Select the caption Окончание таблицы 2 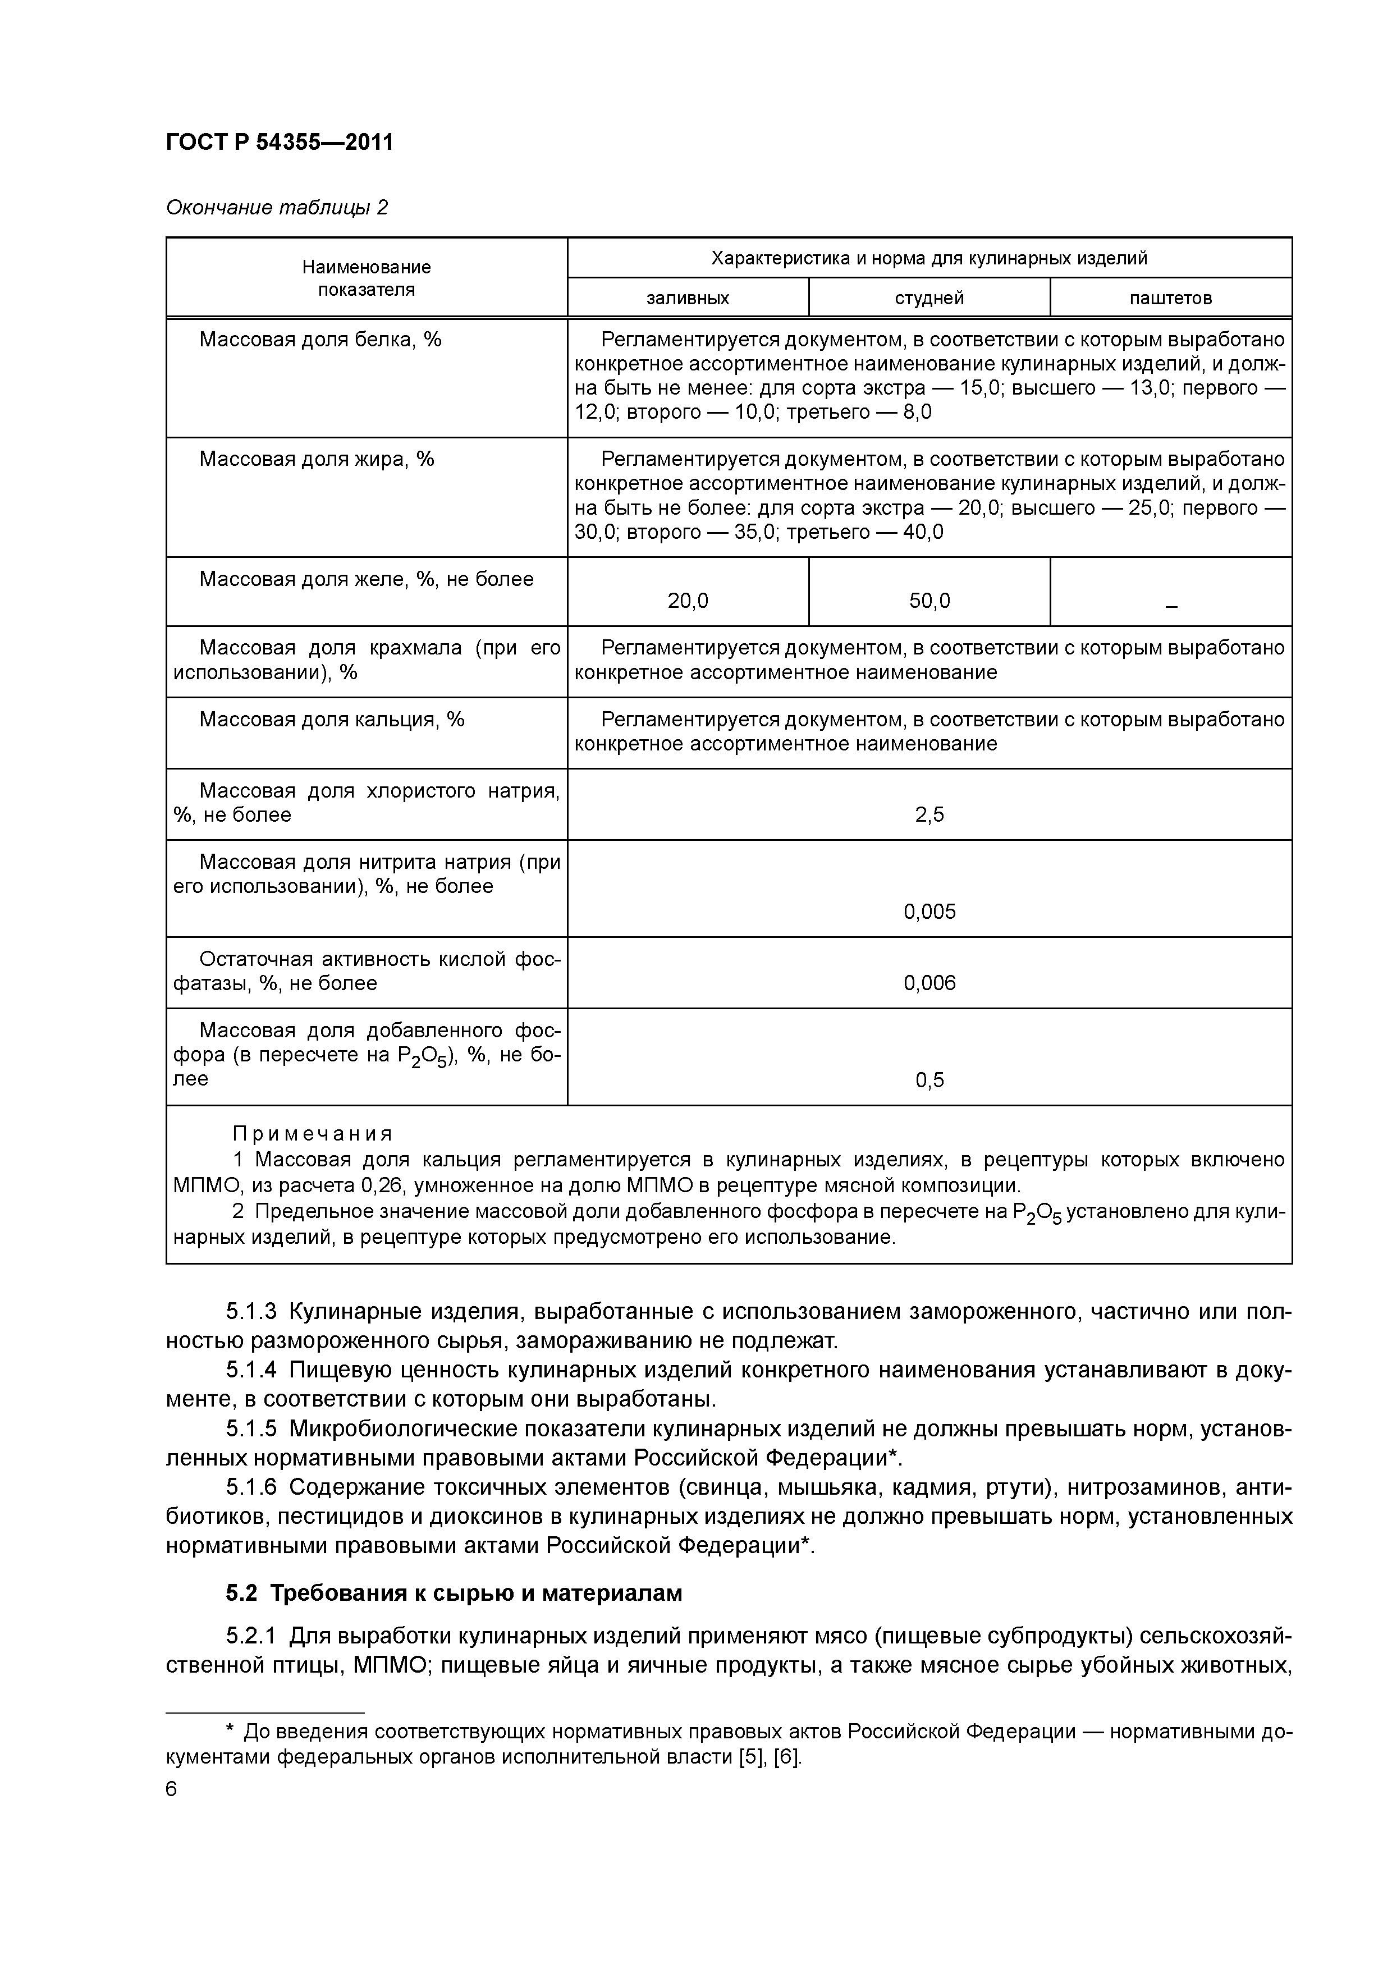click(276, 208)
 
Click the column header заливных click(687, 299)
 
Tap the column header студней click(929, 299)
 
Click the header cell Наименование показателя click(366, 278)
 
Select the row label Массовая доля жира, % click(317, 460)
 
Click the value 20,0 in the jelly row click(687, 601)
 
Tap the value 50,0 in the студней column click(929, 601)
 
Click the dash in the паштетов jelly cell click(1171, 606)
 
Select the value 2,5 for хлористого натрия click(929, 814)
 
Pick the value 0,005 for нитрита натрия click(929, 912)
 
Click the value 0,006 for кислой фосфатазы click(929, 983)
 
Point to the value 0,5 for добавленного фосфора click(929, 1080)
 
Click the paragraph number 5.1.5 click(251, 1428)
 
